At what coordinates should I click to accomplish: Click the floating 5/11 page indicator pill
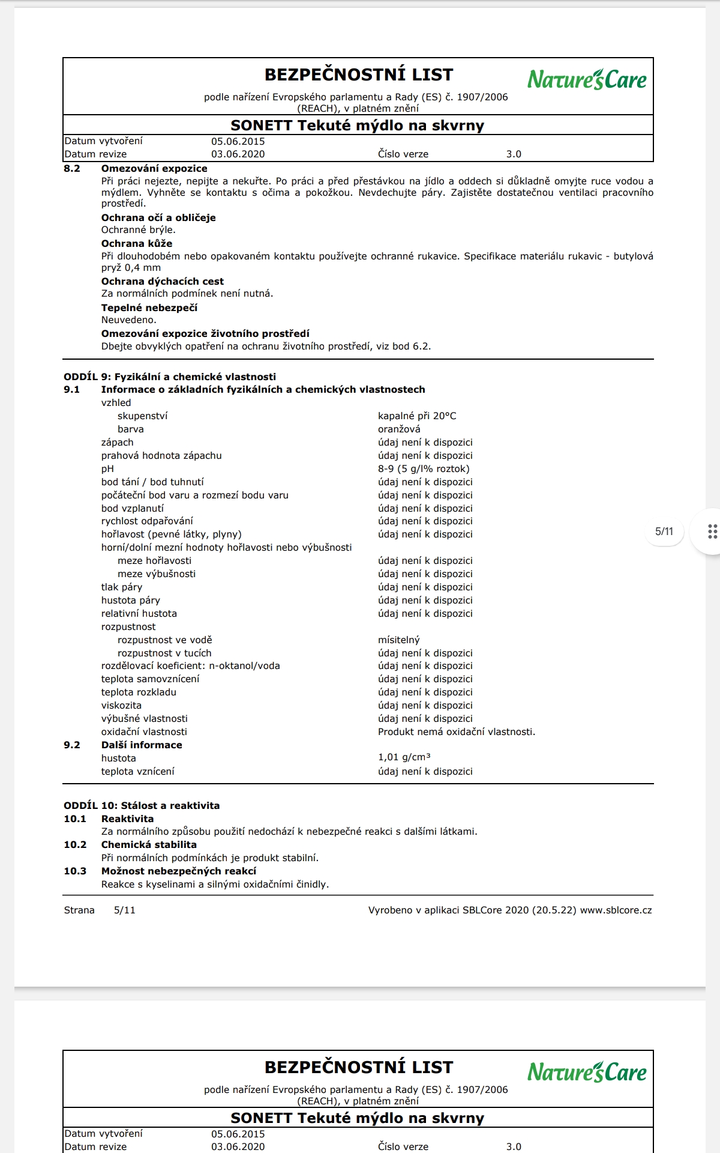(x=664, y=531)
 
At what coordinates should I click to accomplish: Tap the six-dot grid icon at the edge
(x=712, y=531)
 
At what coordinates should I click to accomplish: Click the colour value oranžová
(x=399, y=429)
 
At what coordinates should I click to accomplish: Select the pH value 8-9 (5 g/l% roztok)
(x=424, y=469)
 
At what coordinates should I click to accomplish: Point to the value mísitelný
(x=398, y=640)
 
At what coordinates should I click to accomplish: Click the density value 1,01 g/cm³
(x=404, y=758)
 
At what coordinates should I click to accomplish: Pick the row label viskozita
(x=121, y=706)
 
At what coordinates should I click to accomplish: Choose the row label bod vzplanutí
(x=132, y=509)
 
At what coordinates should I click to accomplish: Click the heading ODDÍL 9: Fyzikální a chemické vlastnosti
(x=170, y=377)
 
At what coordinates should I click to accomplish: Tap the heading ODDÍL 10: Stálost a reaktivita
(x=142, y=806)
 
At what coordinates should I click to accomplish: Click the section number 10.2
(x=75, y=845)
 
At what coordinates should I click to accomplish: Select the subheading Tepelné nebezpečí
(x=149, y=308)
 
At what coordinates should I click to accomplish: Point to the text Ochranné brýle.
(x=138, y=230)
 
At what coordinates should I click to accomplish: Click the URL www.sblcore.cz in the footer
(x=616, y=910)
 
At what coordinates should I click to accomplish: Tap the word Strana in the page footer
(x=79, y=910)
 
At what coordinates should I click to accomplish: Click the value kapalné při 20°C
(x=417, y=416)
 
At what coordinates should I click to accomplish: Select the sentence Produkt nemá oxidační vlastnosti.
(x=456, y=732)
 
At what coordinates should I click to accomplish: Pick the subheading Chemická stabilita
(x=149, y=845)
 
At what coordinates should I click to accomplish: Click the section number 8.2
(x=72, y=169)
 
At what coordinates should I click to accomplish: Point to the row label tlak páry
(x=122, y=587)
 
